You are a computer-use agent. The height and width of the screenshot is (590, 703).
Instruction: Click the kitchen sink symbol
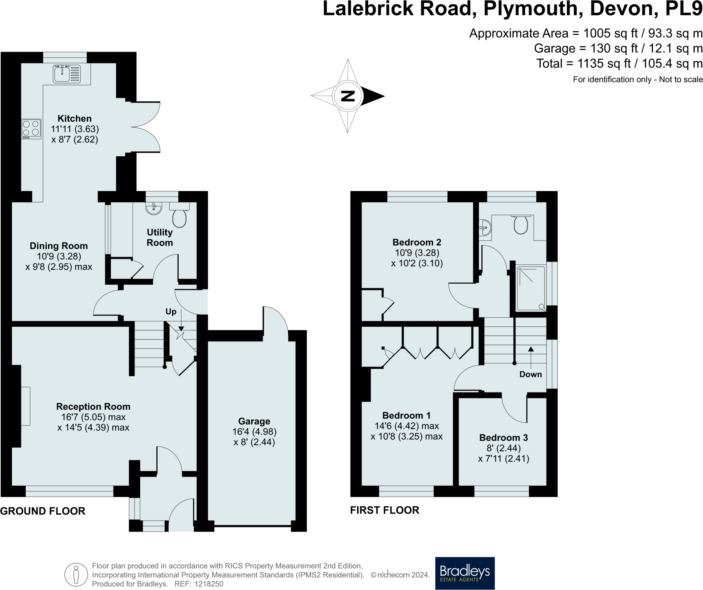[x=66, y=74]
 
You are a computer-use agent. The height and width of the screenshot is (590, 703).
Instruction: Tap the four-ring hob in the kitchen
[x=31, y=129]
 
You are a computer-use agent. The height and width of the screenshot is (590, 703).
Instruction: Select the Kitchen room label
[x=75, y=118]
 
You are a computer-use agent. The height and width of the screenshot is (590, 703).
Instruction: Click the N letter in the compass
[x=348, y=96]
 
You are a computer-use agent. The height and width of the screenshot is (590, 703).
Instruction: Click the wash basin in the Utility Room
[x=153, y=208]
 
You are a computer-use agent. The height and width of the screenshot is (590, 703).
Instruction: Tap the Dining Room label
[x=58, y=246]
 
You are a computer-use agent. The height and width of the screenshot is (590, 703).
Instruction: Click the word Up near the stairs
[x=171, y=311]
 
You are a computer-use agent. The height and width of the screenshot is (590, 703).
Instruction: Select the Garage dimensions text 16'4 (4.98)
[x=254, y=432]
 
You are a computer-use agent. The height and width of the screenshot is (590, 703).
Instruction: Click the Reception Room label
[x=93, y=406]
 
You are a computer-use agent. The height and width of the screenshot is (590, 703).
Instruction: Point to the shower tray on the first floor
[x=531, y=289]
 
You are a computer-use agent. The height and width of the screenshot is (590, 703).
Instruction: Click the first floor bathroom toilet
[x=521, y=225]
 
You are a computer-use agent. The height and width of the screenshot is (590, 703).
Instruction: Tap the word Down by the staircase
[x=530, y=374]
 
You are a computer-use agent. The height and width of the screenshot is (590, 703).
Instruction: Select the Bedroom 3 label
[x=503, y=437]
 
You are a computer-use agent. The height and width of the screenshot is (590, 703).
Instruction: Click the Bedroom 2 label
[x=417, y=242]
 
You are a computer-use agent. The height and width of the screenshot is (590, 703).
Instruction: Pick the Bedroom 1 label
[x=406, y=415]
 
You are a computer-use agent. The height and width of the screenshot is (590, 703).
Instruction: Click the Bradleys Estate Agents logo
[x=464, y=573]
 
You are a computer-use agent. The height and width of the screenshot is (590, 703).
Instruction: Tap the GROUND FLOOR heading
[x=43, y=511]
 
